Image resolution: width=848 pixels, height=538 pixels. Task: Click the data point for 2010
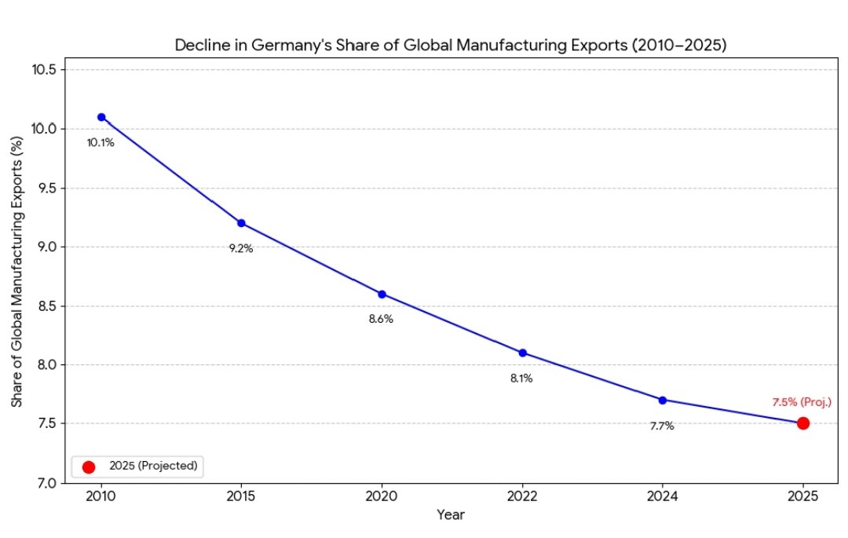tap(101, 117)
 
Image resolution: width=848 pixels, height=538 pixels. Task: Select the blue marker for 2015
tap(241, 223)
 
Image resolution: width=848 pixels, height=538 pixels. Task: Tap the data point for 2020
tap(382, 294)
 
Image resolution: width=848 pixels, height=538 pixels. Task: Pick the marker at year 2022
tap(522, 353)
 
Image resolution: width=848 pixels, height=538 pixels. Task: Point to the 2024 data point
tap(663, 400)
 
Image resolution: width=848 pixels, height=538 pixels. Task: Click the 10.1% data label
tap(101, 143)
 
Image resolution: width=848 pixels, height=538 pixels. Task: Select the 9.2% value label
tap(241, 248)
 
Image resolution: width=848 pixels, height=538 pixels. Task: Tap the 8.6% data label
tap(381, 320)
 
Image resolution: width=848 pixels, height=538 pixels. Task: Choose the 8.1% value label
tap(521, 379)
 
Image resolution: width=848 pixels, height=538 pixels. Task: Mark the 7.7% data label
tap(662, 426)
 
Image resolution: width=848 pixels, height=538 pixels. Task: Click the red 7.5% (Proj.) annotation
tap(801, 402)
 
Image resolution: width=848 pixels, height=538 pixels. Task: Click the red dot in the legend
tap(89, 467)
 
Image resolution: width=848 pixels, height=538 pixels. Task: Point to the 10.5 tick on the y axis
tap(44, 70)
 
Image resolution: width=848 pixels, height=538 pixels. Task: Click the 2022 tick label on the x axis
tap(522, 496)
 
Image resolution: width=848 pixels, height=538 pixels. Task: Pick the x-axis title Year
tap(451, 515)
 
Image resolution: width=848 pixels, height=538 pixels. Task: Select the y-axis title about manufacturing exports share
tap(16, 271)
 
